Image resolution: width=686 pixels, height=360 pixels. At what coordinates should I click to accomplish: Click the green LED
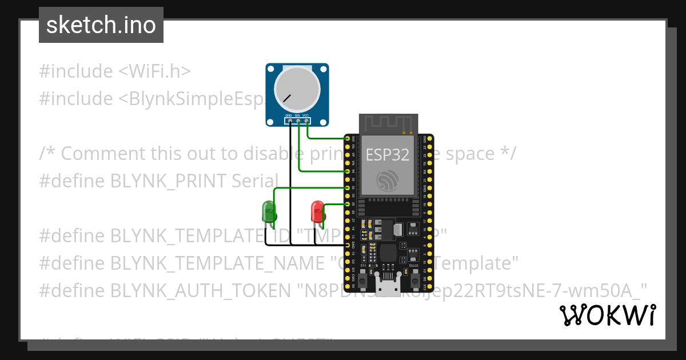click(x=269, y=211)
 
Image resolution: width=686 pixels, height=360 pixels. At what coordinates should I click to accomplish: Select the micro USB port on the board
click(x=388, y=289)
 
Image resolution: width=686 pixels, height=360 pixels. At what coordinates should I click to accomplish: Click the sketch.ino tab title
click(x=101, y=25)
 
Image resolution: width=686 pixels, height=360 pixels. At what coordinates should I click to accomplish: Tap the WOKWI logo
click(x=607, y=315)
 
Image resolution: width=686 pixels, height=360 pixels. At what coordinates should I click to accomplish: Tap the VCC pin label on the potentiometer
click(x=306, y=116)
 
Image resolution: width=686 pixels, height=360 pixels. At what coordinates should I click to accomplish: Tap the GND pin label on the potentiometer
click(x=289, y=116)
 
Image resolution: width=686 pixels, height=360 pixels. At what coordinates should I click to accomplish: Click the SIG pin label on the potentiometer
click(x=297, y=116)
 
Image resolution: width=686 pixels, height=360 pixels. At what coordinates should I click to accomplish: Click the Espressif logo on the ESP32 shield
click(x=387, y=180)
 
